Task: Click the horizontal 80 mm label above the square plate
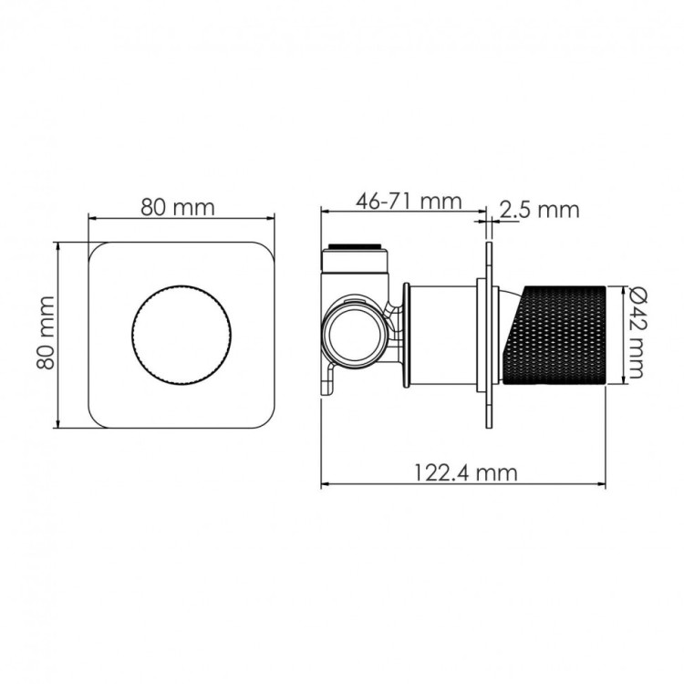[178, 206]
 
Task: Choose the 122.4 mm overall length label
[464, 472]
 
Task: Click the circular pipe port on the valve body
[351, 334]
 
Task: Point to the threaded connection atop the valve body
[358, 247]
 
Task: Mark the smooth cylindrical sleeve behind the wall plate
[440, 334]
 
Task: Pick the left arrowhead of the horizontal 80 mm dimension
[91, 218]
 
